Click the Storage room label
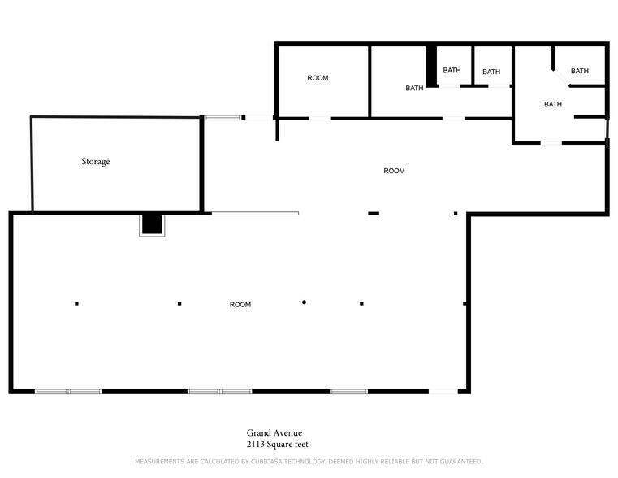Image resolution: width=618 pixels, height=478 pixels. click(96, 162)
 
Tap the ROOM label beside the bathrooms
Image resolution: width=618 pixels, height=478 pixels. click(318, 78)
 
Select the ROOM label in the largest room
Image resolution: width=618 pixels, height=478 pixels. click(240, 305)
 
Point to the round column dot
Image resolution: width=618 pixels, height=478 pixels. click(304, 302)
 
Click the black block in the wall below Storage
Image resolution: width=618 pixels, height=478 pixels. click(152, 224)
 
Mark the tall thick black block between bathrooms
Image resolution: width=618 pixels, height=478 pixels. click(431, 66)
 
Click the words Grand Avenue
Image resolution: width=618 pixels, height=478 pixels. click(274, 433)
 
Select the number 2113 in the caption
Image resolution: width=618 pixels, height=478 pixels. click(255, 445)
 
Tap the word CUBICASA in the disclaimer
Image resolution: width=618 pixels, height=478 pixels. click(268, 462)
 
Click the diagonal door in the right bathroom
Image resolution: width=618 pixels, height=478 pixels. click(561, 78)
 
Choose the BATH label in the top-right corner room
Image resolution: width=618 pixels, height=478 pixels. click(579, 71)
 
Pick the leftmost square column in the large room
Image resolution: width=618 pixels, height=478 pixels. click(76, 304)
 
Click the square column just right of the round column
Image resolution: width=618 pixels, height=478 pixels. click(361, 304)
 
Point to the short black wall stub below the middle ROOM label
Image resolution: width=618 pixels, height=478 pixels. click(374, 213)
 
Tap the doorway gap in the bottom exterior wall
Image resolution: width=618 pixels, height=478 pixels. click(443, 392)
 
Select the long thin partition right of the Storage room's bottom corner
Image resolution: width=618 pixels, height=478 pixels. click(255, 213)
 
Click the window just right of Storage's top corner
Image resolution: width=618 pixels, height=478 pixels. click(223, 118)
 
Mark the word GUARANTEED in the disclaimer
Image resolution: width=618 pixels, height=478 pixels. click(461, 462)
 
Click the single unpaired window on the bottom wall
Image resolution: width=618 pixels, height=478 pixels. click(349, 392)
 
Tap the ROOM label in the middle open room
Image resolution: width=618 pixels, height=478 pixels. click(394, 171)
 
